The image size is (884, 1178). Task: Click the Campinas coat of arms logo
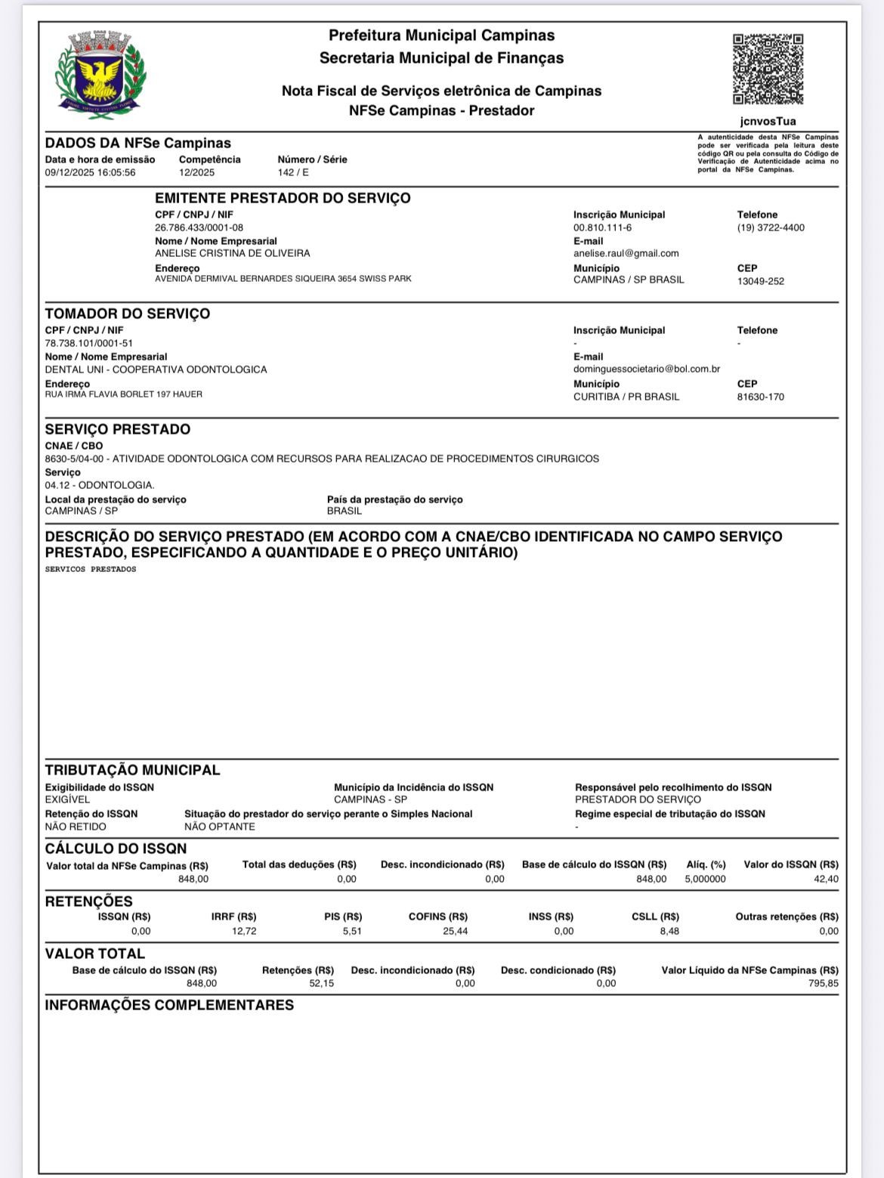[100, 71]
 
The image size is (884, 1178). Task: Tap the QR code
[768, 69]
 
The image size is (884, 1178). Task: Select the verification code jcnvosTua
[768, 121]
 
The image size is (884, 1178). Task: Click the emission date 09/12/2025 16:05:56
[90, 172]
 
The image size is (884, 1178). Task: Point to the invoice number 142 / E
[293, 172]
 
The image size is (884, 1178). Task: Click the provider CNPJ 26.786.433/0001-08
[199, 227]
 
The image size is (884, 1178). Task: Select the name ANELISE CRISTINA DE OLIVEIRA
[232, 253]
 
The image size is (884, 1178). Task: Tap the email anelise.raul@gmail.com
[626, 253]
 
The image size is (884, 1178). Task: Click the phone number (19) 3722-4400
[771, 227]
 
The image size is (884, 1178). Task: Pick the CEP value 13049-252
[760, 281]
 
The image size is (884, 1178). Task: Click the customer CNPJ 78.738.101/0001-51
[88, 343]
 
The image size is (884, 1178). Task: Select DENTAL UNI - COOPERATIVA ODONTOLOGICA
[156, 369]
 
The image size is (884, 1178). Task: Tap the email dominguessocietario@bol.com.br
[646, 369]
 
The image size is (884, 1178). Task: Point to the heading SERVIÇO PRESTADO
[118, 429]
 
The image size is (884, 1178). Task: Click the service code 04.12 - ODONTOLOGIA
[100, 485]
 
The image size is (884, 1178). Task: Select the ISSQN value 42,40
[826, 879]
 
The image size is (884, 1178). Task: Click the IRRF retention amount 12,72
[244, 931]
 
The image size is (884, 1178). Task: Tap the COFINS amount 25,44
[455, 931]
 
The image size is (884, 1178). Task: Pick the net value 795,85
[823, 983]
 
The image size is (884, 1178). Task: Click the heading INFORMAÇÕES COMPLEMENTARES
[169, 1005]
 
